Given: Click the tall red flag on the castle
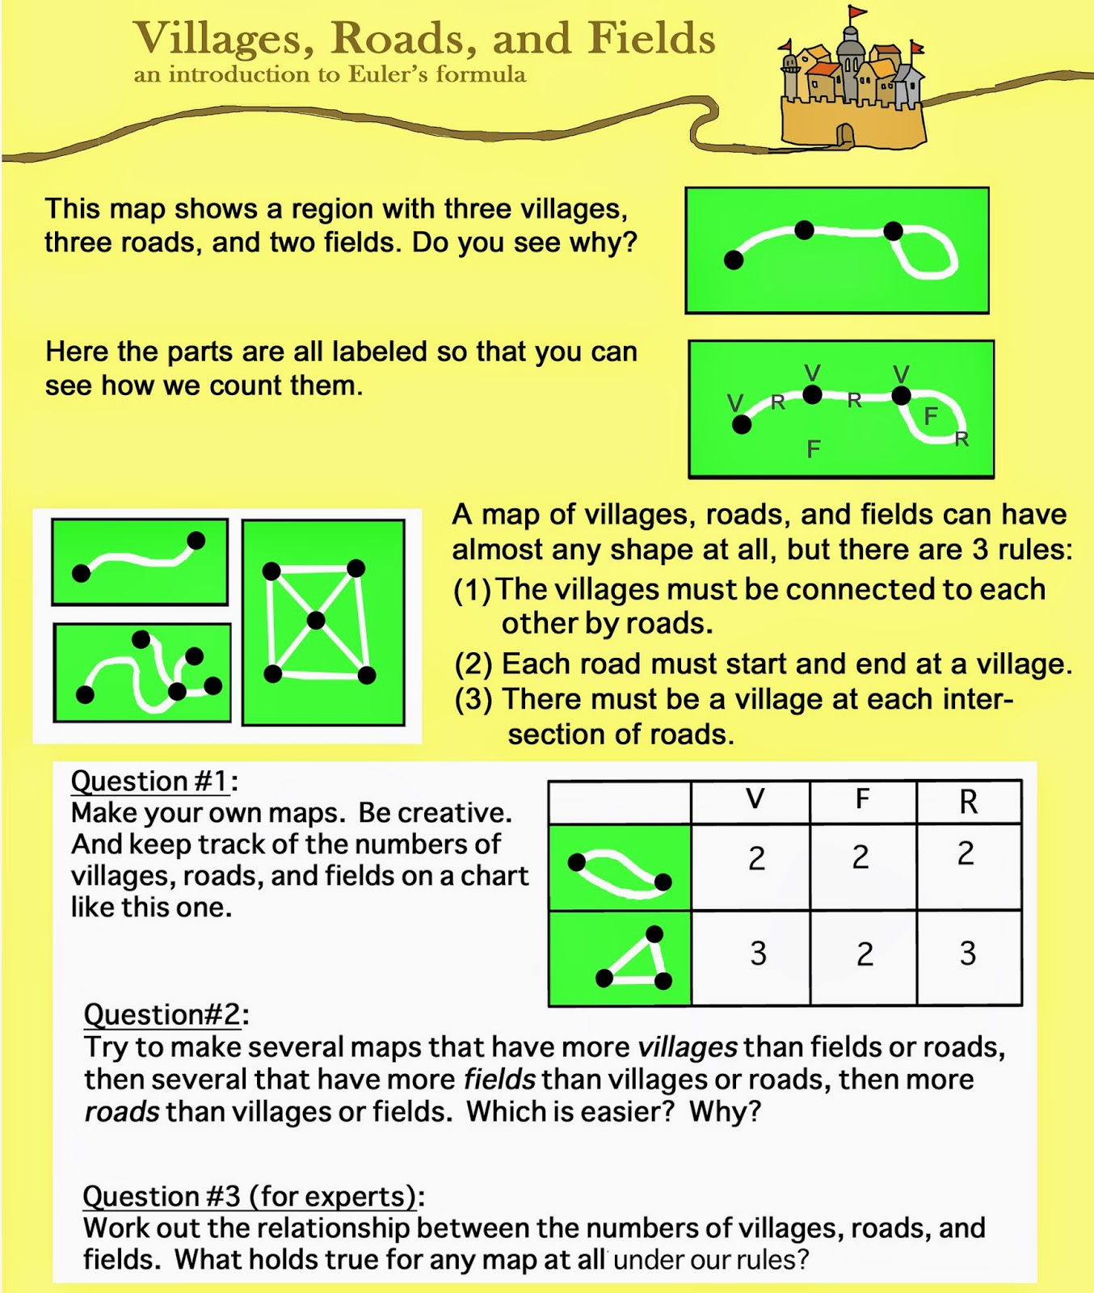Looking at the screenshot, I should [x=855, y=12].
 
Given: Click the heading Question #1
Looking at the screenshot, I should [x=154, y=781].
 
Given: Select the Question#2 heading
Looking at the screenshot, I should [x=166, y=1014].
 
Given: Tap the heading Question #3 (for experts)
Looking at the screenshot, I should [x=253, y=1196].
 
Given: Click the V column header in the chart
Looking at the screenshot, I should [x=755, y=799].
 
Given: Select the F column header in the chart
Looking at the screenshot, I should [x=862, y=799].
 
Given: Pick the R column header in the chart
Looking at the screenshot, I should [x=968, y=801].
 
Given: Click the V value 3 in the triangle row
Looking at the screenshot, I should [x=757, y=954].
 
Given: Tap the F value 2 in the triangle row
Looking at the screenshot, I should [x=865, y=954].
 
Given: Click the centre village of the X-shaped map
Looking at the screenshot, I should [x=316, y=621].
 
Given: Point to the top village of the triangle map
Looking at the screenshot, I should [x=654, y=934].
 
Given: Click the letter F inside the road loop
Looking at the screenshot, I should [x=931, y=416].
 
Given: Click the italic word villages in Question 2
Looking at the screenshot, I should [x=687, y=1047].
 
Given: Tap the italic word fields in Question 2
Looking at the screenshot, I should [x=499, y=1080].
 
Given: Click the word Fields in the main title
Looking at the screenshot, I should [x=651, y=39].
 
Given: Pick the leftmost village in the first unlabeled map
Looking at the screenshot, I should [x=734, y=259].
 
